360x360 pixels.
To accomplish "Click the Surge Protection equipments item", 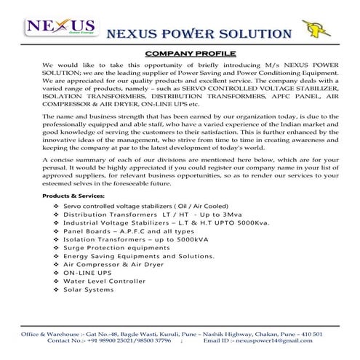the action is tap(116, 247).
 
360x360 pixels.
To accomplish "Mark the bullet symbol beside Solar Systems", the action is tap(57, 290).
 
